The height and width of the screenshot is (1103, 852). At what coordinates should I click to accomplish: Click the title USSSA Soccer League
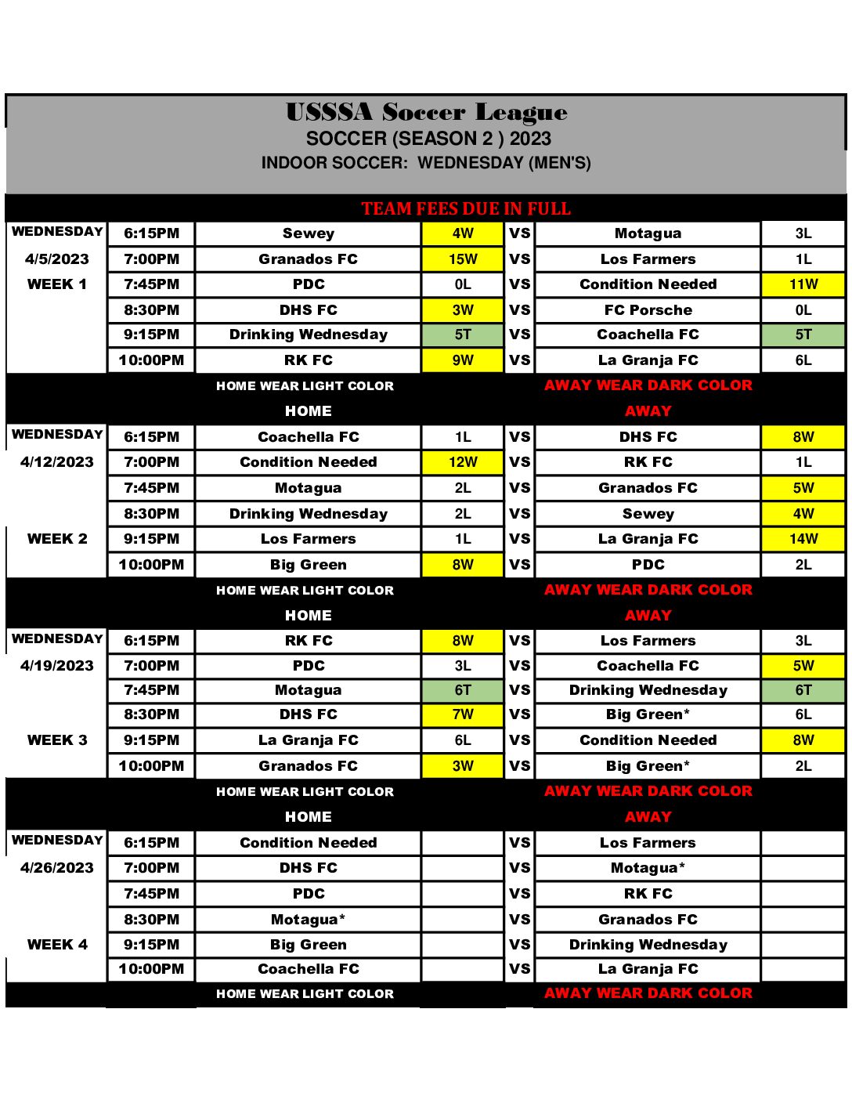(426, 113)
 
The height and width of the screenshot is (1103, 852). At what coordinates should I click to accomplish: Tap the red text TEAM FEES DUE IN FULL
(466, 209)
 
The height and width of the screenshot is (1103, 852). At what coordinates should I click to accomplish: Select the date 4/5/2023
(57, 259)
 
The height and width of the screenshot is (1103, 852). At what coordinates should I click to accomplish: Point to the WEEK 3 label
(57, 740)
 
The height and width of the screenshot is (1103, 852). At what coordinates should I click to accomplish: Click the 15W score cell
(463, 259)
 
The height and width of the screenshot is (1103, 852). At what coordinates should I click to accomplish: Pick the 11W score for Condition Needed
(803, 284)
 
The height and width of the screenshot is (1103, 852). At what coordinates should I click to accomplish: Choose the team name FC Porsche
(648, 310)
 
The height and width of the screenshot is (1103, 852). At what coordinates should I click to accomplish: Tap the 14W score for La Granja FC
(803, 539)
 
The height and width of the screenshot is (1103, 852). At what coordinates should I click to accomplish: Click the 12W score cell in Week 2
(463, 462)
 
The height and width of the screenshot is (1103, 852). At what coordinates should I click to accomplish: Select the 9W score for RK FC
(463, 360)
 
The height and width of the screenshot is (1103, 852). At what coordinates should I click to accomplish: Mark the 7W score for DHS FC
(463, 714)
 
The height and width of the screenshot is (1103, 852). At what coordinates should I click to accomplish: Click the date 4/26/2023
(57, 868)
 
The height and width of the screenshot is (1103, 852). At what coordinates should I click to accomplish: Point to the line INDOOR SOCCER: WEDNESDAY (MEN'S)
(426, 163)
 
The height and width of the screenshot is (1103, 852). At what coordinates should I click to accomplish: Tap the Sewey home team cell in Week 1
(309, 233)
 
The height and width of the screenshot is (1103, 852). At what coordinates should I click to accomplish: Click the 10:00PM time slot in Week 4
(151, 969)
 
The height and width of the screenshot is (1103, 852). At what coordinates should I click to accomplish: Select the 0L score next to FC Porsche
(803, 310)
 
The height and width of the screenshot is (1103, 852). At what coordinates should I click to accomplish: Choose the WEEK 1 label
(57, 284)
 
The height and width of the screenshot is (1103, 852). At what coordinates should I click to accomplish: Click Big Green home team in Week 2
(309, 565)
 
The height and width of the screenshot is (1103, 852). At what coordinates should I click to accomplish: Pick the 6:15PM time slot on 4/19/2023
(151, 641)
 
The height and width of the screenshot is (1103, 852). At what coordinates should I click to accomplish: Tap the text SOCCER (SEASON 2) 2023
(428, 139)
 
